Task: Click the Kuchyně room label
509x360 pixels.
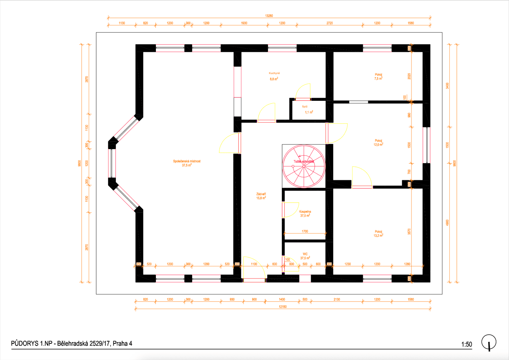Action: point(274,73)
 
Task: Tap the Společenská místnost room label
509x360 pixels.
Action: point(186,161)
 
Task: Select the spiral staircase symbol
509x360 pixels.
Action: point(304,166)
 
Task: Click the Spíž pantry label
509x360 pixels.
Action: point(305,106)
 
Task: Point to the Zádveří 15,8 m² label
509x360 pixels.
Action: point(261,196)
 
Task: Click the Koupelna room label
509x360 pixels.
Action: point(305,212)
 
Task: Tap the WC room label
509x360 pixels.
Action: point(305,254)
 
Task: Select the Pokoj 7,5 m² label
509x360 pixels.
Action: point(378,76)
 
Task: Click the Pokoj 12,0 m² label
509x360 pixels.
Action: point(378,142)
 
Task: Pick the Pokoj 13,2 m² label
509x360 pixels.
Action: point(378,233)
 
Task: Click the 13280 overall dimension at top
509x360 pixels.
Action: point(269,16)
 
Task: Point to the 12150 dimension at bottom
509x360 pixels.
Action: point(282,307)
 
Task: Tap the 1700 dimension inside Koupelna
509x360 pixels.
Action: point(305,231)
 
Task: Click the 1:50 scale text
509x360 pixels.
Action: point(466,344)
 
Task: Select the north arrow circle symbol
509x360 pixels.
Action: point(489,342)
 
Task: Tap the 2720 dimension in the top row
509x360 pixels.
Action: point(329,23)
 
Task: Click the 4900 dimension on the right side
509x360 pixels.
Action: point(447,223)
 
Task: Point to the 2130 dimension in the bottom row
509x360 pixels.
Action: point(337,299)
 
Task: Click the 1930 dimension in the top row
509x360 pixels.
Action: point(244,23)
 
